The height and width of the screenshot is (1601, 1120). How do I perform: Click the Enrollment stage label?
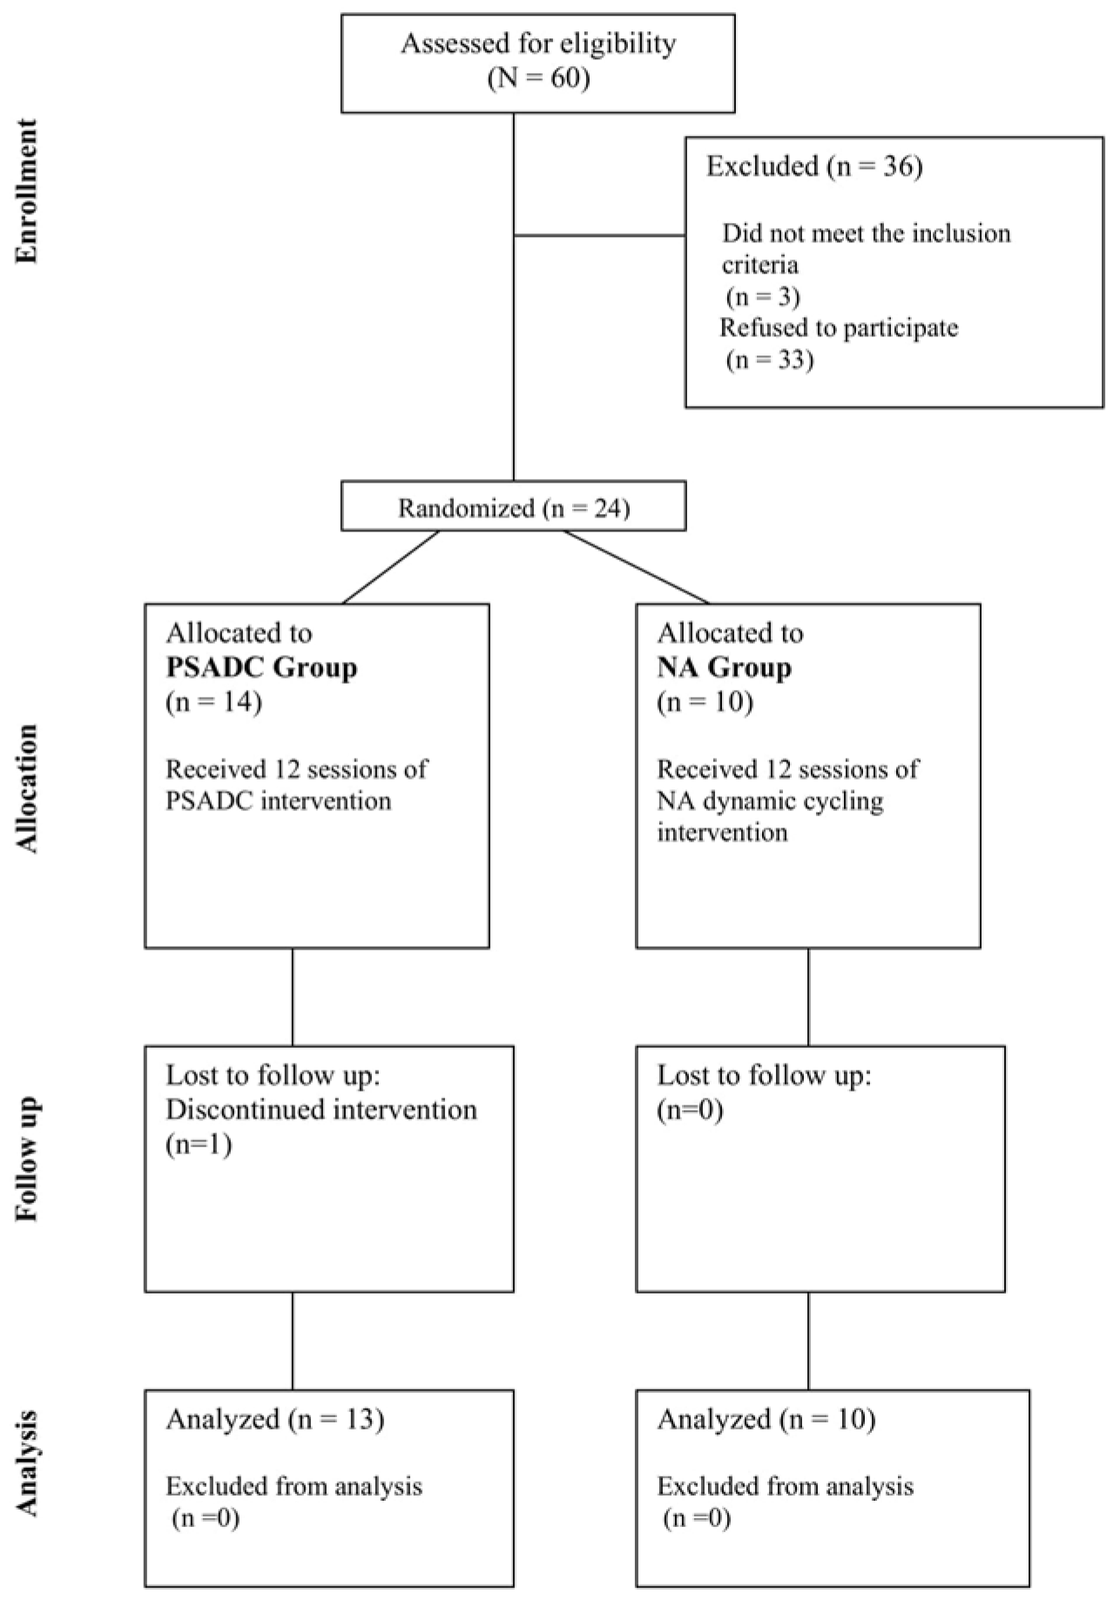coord(27,191)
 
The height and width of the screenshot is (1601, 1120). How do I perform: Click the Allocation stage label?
coord(27,788)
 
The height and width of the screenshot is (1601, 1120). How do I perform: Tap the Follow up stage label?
coord(27,1159)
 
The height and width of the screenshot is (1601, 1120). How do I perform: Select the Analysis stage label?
coord(27,1463)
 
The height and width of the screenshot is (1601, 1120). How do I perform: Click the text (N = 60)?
coord(537,79)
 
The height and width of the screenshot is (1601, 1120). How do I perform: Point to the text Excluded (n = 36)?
coord(813,166)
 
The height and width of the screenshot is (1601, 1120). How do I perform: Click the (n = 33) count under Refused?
coord(770,360)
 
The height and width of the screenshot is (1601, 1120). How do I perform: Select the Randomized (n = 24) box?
coord(513,507)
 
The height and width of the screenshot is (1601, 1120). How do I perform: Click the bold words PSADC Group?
coord(261,668)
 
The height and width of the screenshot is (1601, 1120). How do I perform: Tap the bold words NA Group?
coord(724,668)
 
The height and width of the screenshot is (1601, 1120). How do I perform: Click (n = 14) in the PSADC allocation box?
coord(213,701)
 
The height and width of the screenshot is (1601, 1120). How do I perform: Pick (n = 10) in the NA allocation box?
coord(705,701)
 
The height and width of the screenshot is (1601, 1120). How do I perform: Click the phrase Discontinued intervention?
coord(321,1110)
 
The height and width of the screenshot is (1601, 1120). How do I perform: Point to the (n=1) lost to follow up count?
coord(199,1144)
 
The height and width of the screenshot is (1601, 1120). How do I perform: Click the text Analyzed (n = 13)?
coord(274,1419)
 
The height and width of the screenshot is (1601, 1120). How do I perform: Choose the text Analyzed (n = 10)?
coord(766,1419)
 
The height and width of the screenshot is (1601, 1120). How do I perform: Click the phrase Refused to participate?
coord(839,328)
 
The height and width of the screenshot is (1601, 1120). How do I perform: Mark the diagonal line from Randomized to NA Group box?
coord(636,567)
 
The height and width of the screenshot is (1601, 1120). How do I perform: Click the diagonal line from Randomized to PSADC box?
coord(391,567)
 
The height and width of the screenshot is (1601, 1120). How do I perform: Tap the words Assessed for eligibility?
coord(537,44)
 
